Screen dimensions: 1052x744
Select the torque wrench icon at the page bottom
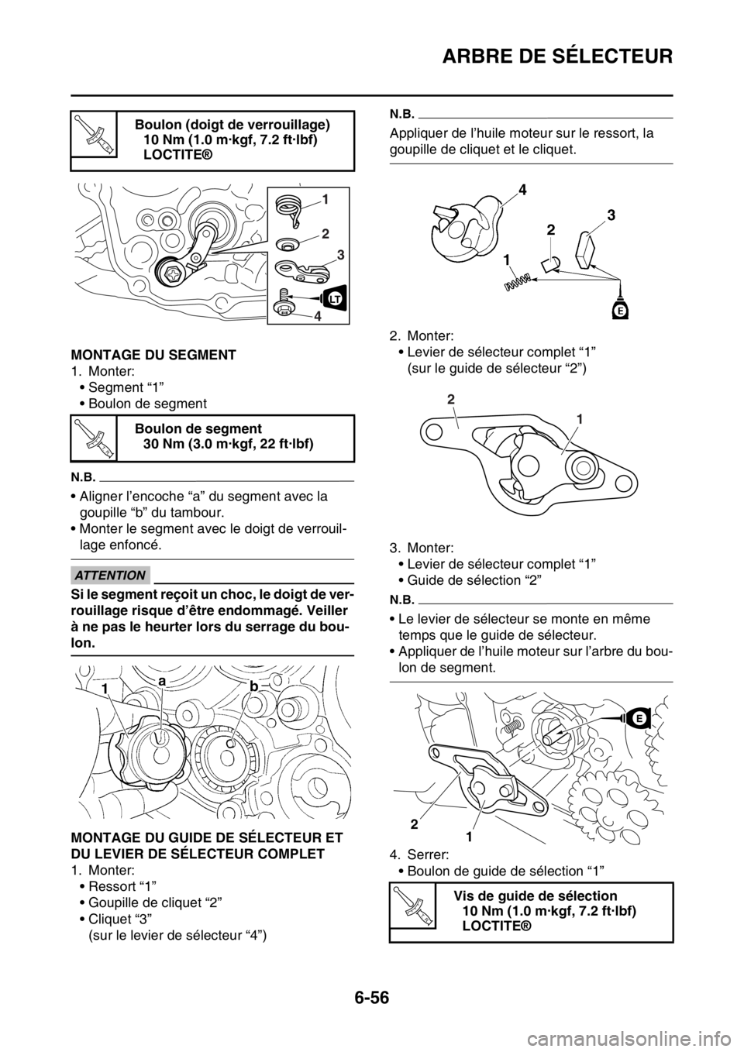tap(412, 905)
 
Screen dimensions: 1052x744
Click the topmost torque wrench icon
tap(94, 133)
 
